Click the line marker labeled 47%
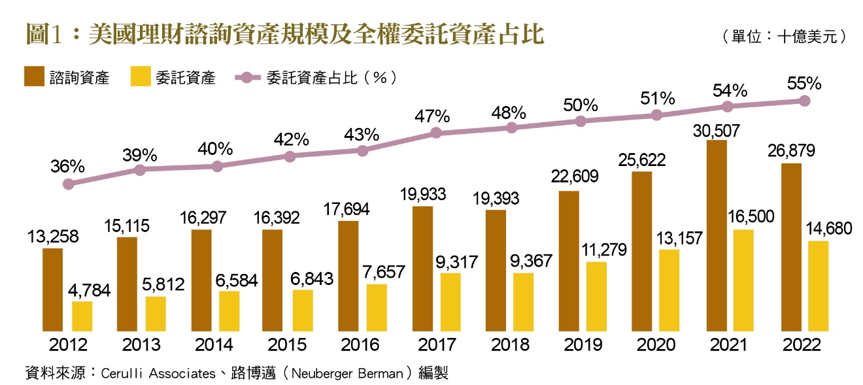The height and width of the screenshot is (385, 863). [437, 133]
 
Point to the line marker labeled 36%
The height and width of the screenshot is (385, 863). [68, 184]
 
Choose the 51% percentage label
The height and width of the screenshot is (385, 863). [657, 99]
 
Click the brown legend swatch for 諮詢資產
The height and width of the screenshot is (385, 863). [34, 76]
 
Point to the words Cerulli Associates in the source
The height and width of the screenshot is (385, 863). [158, 373]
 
